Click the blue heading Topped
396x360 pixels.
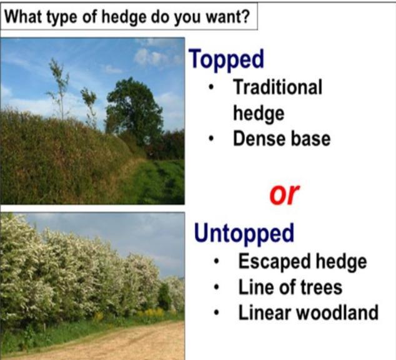coord(226,60)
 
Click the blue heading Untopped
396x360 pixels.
coord(244,234)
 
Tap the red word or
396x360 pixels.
coord(284,194)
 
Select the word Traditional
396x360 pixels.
coord(277,87)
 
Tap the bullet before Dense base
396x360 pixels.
coord(211,139)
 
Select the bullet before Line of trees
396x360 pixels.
coord(217,287)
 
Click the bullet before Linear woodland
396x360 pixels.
coord(217,313)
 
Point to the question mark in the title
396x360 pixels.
coord(245,17)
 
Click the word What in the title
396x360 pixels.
coord(21,17)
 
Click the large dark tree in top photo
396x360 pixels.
coord(134,111)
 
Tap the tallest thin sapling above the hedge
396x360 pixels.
coord(59,89)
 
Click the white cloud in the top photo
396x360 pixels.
coord(151,57)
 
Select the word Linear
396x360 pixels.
coord(265,313)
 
